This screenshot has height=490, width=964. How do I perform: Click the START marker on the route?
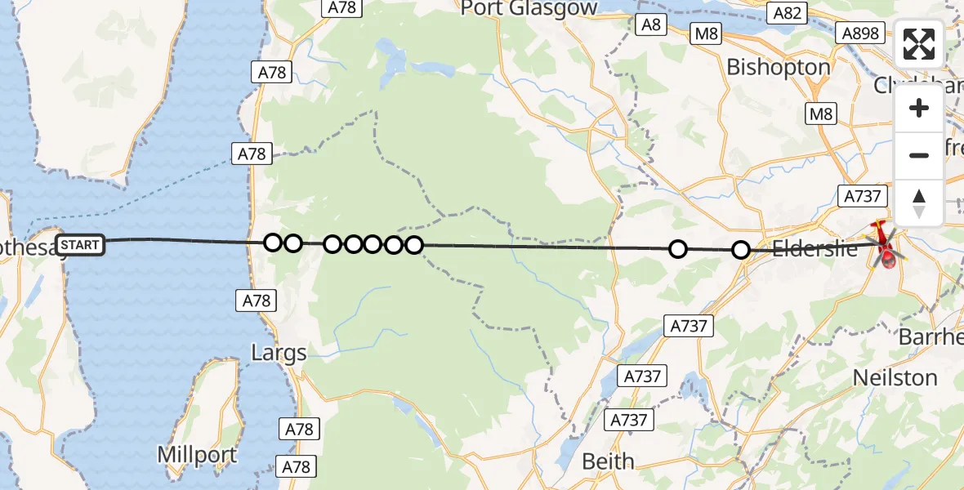[x=80, y=244]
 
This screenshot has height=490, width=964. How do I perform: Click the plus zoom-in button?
[x=919, y=109]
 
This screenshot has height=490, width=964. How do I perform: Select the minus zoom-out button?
[x=919, y=155]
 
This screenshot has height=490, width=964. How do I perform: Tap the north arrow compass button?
[x=919, y=203]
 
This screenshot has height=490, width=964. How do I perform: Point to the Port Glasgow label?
[x=529, y=8]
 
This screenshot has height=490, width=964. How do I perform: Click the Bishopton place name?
[x=779, y=67]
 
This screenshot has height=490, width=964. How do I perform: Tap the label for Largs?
[x=279, y=354]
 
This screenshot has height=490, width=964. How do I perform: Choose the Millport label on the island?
[x=198, y=455]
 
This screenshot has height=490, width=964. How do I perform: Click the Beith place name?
[x=608, y=461]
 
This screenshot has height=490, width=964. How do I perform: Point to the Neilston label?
[x=895, y=377]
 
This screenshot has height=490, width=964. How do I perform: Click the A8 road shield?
[x=650, y=24]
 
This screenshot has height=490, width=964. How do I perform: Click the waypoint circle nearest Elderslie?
[x=740, y=250]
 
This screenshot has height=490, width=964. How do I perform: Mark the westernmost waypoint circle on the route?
[x=273, y=243]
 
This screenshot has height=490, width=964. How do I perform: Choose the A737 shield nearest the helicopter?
[x=860, y=195]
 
